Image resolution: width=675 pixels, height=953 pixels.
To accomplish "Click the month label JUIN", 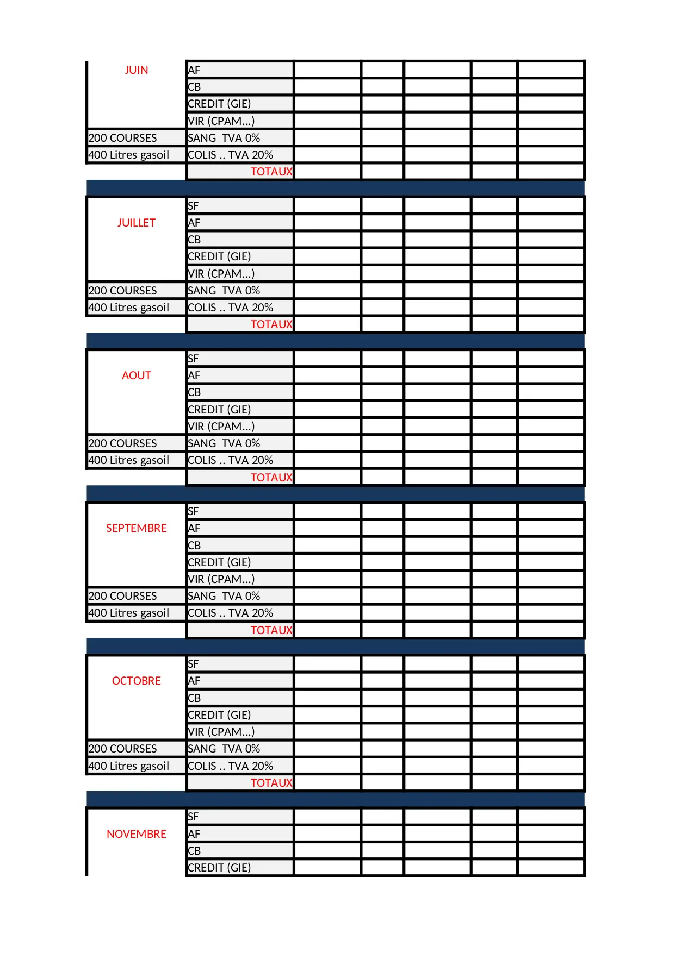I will [136, 70].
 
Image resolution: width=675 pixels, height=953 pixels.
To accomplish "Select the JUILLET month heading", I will [136, 223].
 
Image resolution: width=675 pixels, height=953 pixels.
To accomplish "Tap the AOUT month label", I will [136, 375].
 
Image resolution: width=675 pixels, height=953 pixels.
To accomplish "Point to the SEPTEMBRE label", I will [136, 528].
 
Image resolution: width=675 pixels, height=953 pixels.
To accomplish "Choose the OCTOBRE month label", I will [136, 681].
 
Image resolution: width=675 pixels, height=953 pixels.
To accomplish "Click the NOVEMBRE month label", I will [136, 834].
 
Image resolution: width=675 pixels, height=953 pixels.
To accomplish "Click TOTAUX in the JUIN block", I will [271, 172].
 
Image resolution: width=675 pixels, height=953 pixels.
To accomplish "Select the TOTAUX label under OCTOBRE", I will [271, 783].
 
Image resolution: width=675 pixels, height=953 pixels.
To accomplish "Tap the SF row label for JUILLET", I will [193, 206].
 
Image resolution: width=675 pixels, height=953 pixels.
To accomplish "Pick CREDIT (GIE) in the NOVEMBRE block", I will [219, 868].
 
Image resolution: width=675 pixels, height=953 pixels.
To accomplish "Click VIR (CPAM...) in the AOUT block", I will [221, 427].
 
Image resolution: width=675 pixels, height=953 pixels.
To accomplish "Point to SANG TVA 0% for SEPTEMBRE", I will [224, 596].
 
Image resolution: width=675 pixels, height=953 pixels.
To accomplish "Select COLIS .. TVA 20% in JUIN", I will [230, 155].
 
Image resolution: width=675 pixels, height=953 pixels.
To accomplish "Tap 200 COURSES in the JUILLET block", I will [122, 291].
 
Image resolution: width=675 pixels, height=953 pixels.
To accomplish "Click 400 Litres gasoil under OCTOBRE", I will [128, 766].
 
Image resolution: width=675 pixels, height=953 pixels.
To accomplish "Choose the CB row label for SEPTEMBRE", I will [194, 546].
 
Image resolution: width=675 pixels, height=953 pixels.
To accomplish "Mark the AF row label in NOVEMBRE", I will [194, 834].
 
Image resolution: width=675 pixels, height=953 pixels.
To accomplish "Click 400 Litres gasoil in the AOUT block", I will [128, 460].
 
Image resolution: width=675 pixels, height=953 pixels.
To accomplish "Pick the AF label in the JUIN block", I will [194, 70].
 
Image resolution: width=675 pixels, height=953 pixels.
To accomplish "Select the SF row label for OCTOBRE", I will [193, 664].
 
